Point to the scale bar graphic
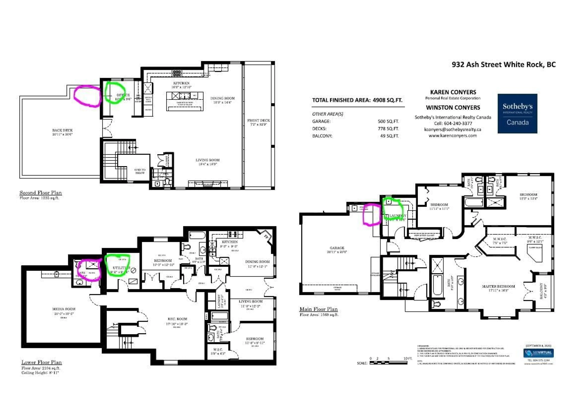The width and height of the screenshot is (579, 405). pos(388,363)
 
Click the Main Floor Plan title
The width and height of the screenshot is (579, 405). pos(318,309)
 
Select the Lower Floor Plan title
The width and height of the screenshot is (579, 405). pos(42,362)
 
